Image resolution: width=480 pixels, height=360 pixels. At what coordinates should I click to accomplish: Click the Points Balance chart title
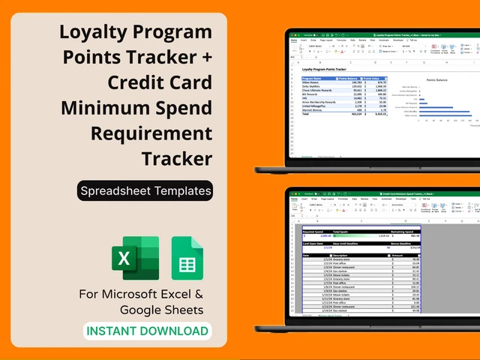pyautogui.click(x=440, y=78)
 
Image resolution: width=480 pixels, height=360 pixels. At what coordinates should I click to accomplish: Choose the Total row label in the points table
pyautogui.click(x=306, y=114)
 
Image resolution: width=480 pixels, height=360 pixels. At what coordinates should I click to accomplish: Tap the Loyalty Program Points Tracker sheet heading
pyautogui.click(x=323, y=69)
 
